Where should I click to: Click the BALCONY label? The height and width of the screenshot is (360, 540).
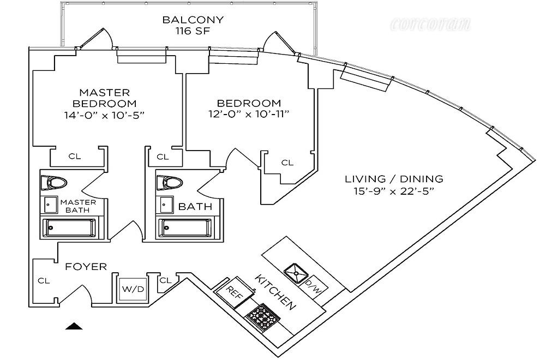click(193, 20)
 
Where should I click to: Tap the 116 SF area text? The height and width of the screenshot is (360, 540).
click(193, 31)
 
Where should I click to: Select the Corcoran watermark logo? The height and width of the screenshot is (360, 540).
click(430, 24)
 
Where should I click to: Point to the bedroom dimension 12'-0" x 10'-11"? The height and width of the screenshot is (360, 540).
click(248, 114)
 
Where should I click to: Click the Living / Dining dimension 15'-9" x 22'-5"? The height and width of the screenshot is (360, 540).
click(394, 190)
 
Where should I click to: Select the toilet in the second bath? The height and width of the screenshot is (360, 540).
click(169, 183)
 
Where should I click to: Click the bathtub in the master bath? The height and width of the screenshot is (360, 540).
click(69, 227)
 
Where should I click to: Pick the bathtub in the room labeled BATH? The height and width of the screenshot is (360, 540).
click(185, 227)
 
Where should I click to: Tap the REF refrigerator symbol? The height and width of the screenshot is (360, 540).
click(234, 292)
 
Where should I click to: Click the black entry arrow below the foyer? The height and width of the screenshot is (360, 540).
click(74, 326)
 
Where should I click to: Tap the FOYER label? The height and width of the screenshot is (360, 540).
click(86, 267)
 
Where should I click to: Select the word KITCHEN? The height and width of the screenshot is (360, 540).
click(275, 292)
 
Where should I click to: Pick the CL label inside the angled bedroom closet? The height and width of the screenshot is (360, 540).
click(287, 163)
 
